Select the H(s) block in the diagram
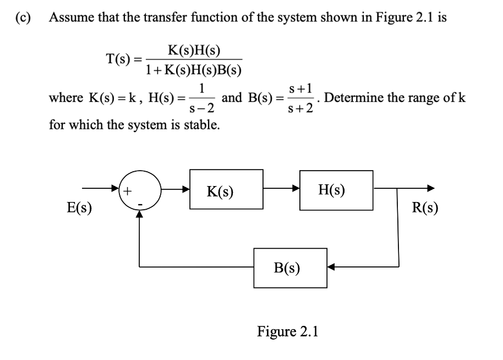click(336, 190)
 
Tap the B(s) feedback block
click(287, 268)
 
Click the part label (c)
click(22, 17)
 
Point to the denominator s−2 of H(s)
click(202, 108)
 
